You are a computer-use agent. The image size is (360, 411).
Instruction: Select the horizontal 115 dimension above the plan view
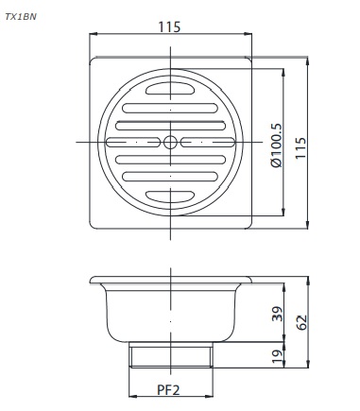[171, 27]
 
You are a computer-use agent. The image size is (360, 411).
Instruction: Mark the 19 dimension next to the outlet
[277, 357]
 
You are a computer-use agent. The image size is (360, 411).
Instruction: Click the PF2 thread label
[171, 388]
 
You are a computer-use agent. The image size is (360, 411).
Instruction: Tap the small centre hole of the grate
[171, 143]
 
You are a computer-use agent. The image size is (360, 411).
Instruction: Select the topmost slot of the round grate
[171, 92]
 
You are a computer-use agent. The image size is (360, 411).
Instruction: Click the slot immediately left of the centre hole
[135, 143]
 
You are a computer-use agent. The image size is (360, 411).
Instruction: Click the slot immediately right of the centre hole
[207, 143]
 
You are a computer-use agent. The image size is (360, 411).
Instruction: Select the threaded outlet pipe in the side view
[171, 356]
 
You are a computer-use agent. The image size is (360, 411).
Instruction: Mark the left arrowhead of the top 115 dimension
[94, 35]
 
